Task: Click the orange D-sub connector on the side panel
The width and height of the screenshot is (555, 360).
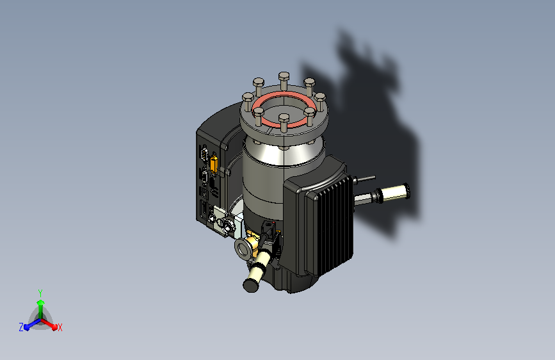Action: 214,164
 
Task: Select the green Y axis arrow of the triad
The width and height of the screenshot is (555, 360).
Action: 40,309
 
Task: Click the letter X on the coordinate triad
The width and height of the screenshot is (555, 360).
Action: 60,327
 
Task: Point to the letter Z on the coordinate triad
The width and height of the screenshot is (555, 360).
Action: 21,327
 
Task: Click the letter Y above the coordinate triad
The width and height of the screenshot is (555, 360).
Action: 40,293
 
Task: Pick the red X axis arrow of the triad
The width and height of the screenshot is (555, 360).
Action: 49,324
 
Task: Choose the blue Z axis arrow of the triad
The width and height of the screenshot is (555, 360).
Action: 32,324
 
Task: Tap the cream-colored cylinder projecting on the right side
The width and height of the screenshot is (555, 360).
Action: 393,192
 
